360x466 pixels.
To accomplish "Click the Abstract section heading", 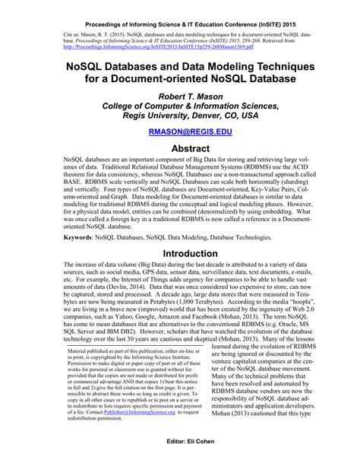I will [180, 149].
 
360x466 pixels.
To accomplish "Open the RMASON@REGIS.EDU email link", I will [180, 132].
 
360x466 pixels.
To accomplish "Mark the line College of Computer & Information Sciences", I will [180, 106].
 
